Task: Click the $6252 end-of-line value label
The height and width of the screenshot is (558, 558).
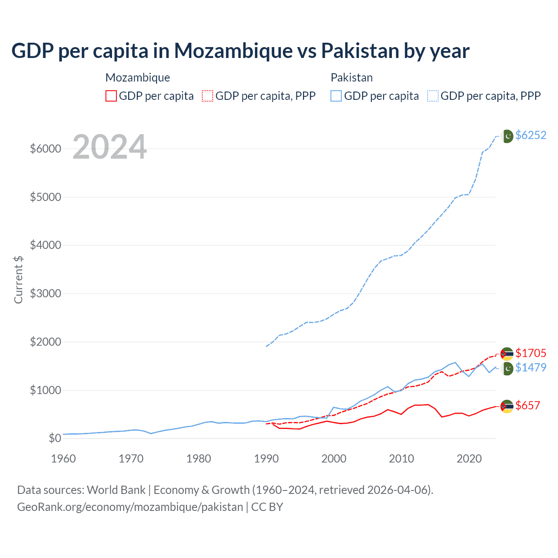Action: point(531,135)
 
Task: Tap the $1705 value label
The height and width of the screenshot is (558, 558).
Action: point(531,353)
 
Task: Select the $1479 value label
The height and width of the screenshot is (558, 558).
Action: point(531,367)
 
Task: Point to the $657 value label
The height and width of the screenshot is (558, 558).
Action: point(527,405)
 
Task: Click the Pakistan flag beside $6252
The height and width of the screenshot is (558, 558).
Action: point(507,136)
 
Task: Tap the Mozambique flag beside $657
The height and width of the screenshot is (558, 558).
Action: point(507,406)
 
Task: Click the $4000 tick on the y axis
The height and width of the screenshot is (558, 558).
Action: point(45,245)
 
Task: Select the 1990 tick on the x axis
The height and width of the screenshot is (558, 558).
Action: point(266,459)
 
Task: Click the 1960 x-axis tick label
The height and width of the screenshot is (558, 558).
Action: point(64,459)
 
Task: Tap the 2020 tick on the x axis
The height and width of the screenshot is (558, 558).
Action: point(469,459)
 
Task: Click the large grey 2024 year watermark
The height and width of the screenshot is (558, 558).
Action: point(109,147)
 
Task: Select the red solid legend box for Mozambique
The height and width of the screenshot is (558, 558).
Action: point(111,96)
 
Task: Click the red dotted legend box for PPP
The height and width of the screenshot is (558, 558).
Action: point(208,96)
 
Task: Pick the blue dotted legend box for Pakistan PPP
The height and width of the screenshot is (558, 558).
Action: point(433,96)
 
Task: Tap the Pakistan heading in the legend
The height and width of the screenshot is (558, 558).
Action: point(351,78)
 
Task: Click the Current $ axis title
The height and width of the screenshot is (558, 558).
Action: point(18,279)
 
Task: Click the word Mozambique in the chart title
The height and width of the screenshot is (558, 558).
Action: point(233,51)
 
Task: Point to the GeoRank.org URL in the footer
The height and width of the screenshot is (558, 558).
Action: point(130,507)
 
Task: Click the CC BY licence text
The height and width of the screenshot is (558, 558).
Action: point(267,507)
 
